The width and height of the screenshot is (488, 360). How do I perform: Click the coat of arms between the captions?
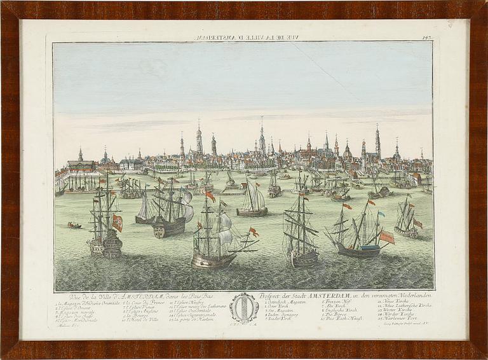click(x=243, y=307)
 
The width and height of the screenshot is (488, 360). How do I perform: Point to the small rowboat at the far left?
click(x=74, y=225)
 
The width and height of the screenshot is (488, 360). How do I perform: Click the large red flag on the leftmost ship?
click(x=117, y=222)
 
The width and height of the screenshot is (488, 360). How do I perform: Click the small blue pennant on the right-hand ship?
click(x=381, y=214)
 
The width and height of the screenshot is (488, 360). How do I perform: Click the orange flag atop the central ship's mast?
click(x=210, y=197)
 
